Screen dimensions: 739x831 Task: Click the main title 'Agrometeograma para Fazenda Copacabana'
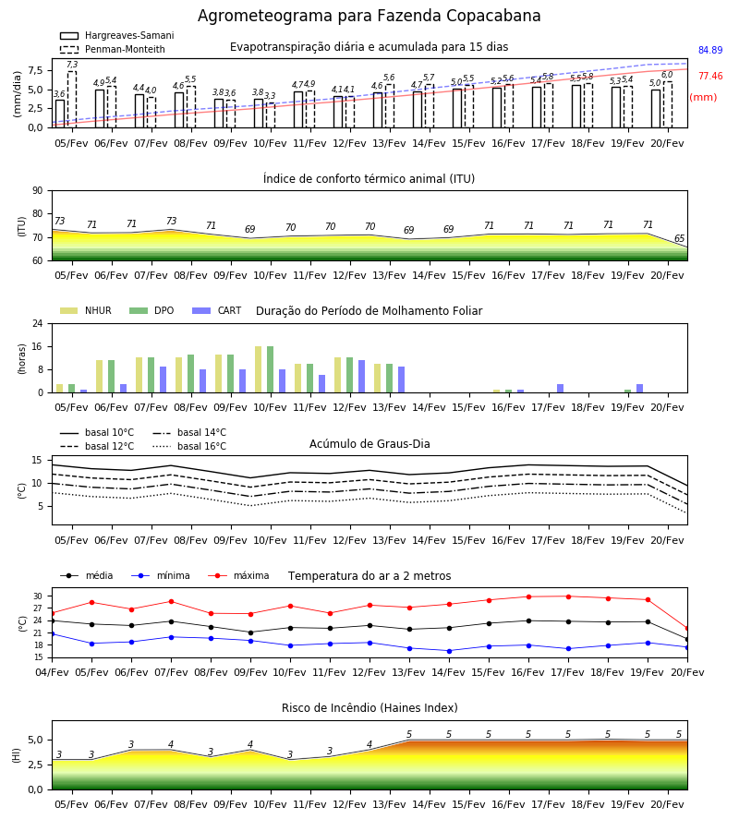[369, 16]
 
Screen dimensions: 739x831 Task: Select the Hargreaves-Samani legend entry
[117, 35]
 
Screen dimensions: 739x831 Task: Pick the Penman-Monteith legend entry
[113, 49]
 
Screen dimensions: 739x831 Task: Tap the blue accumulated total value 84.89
[710, 51]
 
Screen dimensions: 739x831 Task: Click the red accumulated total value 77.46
[710, 77]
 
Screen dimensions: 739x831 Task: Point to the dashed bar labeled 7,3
[72, 100]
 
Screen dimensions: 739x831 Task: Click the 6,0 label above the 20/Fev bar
[667, 75]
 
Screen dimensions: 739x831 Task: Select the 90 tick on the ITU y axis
[38, 191]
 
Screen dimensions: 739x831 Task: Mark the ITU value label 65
[679, 238]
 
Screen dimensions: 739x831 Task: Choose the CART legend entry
[217, 310]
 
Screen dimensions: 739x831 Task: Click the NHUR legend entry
[86, 310]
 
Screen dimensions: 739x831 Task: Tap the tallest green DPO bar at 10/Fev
[271, 369]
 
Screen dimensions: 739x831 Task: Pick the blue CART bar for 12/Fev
[361, 377]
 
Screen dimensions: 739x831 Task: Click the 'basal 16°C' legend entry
[189, 446]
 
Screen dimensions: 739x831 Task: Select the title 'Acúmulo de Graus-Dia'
[369, 444]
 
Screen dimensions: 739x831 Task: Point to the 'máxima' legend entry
[238, 575]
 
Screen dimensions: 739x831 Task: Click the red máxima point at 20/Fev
[687, 629]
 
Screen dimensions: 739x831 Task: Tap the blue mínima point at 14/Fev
[450, 651]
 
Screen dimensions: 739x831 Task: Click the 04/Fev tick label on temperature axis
[52, 672]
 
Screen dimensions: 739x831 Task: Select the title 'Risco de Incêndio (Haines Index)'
[369, 708]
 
